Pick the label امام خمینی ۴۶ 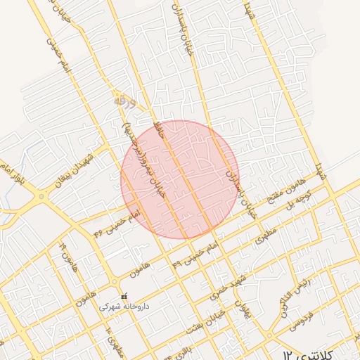click(112, 220)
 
